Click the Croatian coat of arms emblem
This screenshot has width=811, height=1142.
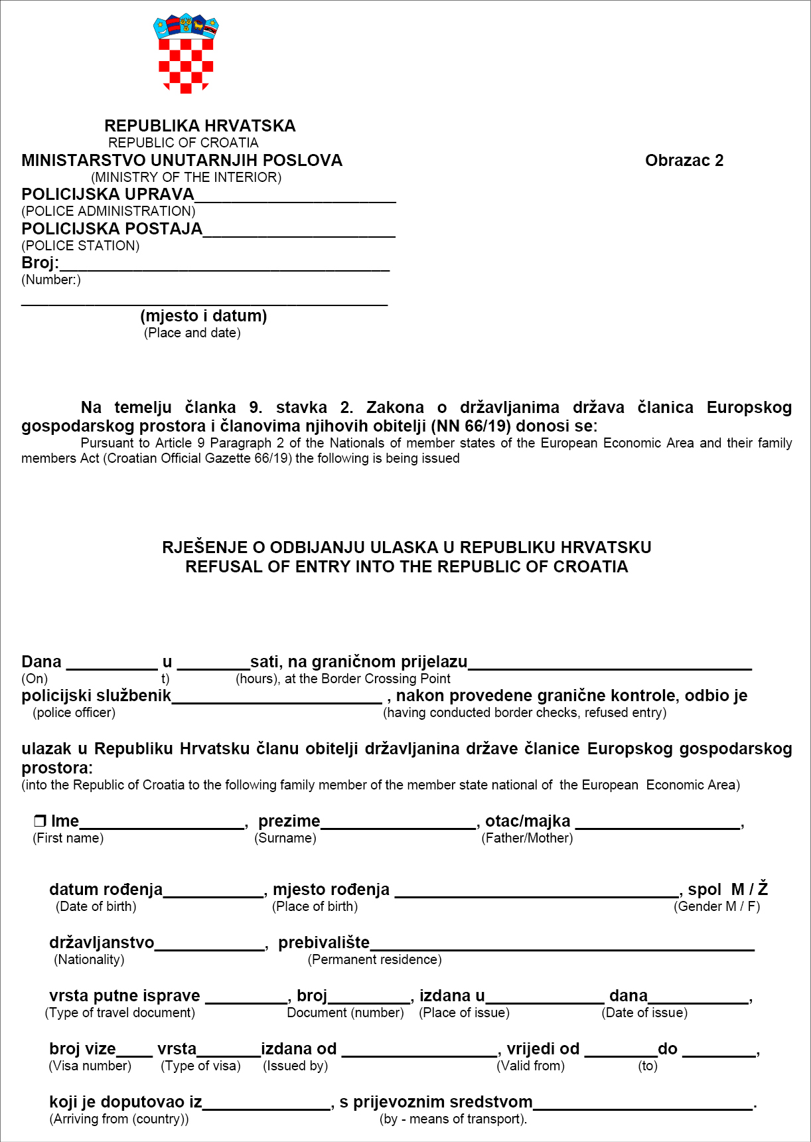pos(186,53)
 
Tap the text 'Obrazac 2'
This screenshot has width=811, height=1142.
pos(684,161)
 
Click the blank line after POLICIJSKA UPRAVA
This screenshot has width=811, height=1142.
pos(295,197)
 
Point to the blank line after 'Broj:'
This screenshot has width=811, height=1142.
pos(224,266)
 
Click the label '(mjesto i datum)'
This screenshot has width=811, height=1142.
pos(204,316)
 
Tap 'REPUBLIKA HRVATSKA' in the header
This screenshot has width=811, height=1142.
pos(200,126)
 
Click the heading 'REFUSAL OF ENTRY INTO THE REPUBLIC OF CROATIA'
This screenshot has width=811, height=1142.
pos(406,567)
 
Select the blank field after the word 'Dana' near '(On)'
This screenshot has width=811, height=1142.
pos(112,664)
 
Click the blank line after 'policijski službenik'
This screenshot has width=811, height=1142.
pos(277,698)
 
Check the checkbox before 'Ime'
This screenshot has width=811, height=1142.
pos(40,821)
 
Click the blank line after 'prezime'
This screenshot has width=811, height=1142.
pos(398,824)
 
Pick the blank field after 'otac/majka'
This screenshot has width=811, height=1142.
pos(658,824)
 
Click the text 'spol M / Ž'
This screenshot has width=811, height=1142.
pos(727,890)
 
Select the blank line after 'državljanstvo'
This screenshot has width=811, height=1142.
pos(210,945)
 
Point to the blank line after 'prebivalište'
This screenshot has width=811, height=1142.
pos(561,945)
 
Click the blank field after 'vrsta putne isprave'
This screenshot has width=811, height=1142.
pos(246,999)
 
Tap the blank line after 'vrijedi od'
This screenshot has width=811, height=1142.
pos(621,1052)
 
